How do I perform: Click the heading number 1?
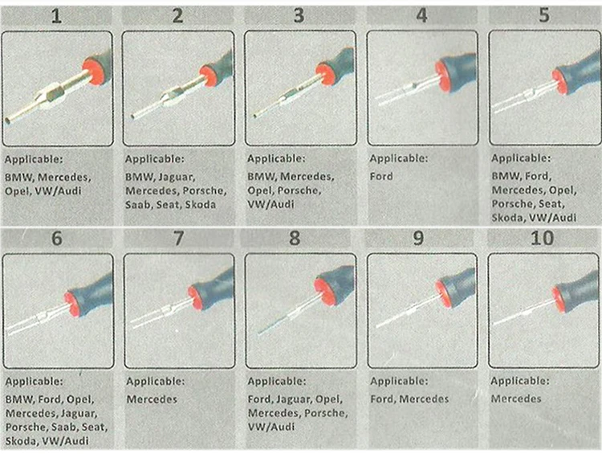click(56, 15)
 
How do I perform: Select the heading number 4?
click(422, 15)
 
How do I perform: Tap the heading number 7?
click(178, 239)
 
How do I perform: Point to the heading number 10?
click(543, 239)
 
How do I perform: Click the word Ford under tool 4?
click(381, 175)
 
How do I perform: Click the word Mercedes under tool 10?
click(515, 399)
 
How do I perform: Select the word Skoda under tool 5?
click(506, 217)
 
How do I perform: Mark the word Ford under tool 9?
click(383, 399)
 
